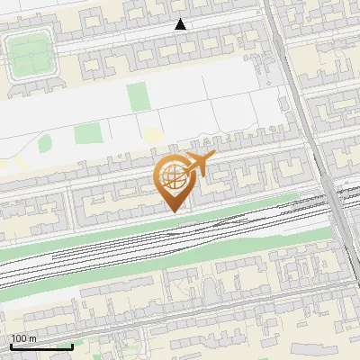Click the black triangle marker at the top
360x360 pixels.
[x=181, y=24]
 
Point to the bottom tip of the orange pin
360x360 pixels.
[x=173, y=211]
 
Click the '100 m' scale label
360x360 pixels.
[x=23, y=338]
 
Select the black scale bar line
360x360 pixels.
[x=41, y=346]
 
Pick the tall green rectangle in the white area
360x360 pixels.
[x=136, y=97]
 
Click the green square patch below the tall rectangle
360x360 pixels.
[x=87, y=134]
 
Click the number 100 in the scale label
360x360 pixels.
[x=18, y=338]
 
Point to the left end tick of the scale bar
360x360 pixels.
[x=11, y=346]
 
